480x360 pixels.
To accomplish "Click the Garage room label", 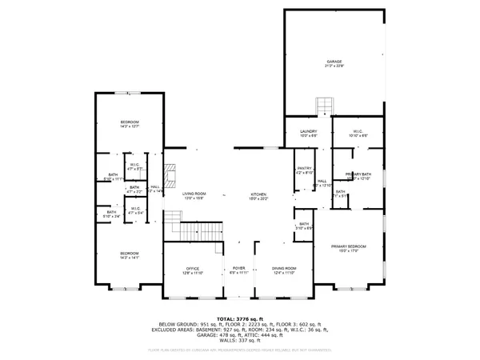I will click(x=333, y=63).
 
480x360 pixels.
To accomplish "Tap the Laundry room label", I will click(x=309, y=133).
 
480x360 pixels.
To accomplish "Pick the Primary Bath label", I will click(x=358, y=175).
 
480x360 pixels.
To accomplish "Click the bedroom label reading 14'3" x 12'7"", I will click(x=130, y=124).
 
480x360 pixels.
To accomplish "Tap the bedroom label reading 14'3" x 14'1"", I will click(x=130, y=254).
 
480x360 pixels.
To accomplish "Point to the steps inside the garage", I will click(x=324, y=106).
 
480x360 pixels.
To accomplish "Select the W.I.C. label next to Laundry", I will click(x=358, y=133).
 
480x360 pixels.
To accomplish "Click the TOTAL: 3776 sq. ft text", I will click(x=239, y=318).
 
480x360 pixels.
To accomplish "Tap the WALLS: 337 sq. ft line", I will click(x=239, y=342).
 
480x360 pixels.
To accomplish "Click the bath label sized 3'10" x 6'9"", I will click(x=303, y=227).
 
